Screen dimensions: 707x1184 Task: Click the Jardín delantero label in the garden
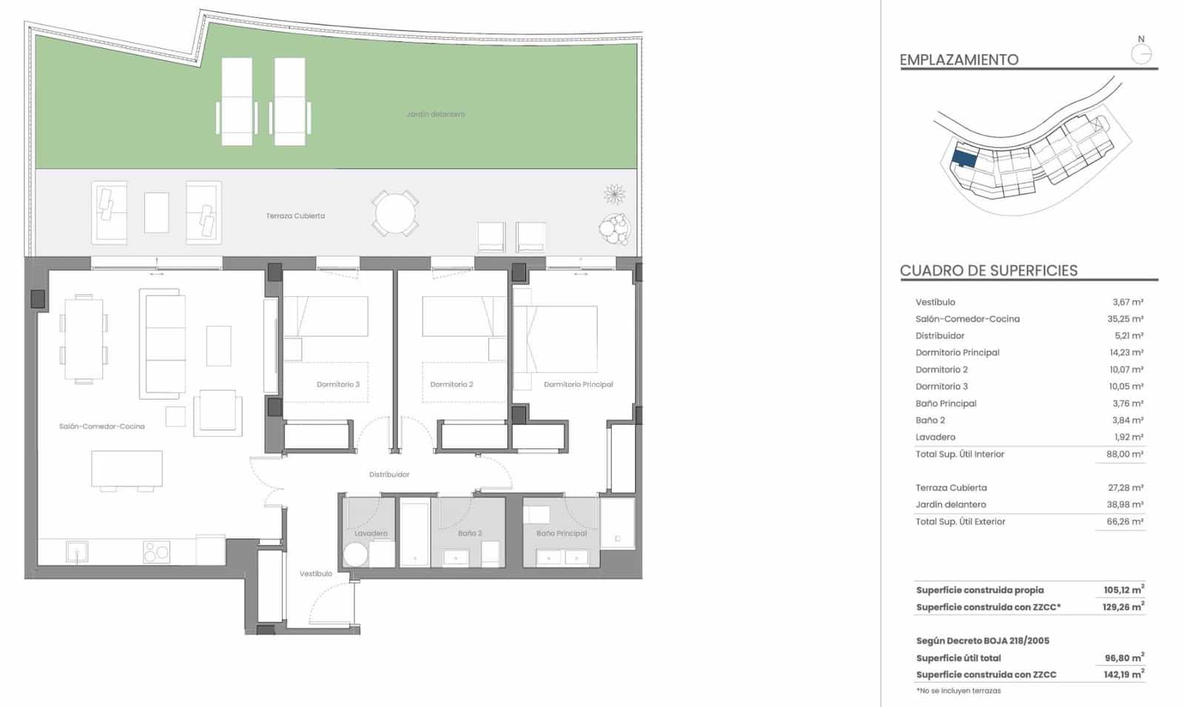(x=435, y=115)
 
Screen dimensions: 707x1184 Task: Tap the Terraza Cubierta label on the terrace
(x=295, y=216)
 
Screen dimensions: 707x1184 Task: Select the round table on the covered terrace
(x=395, y=213)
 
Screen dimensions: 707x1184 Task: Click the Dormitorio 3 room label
(x=337, y=384)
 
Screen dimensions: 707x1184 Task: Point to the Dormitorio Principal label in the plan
(x=578, y=384)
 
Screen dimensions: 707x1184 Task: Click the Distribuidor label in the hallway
(x=389, y=475)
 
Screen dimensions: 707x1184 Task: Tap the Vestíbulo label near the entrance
(x=316, y=574)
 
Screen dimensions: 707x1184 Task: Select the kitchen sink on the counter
(x=77, y=552)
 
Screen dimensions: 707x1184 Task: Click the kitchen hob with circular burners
(x=156, y=552)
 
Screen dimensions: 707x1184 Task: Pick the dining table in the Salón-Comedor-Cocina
(x=84, y=340)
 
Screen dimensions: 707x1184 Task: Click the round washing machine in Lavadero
(x=355, y=555)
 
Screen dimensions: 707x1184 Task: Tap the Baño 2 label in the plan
(x=470, y=533)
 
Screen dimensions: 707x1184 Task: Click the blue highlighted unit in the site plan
(x=964, y=158)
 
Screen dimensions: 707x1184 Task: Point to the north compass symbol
(x=1142, y=53)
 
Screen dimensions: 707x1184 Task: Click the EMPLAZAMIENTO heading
(x=959, y=60)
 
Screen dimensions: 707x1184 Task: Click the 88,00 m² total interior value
(x=1125, y=455)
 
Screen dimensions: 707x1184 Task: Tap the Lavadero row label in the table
(x=935, y=438)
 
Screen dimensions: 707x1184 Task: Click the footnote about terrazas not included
(x=958, y=691)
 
